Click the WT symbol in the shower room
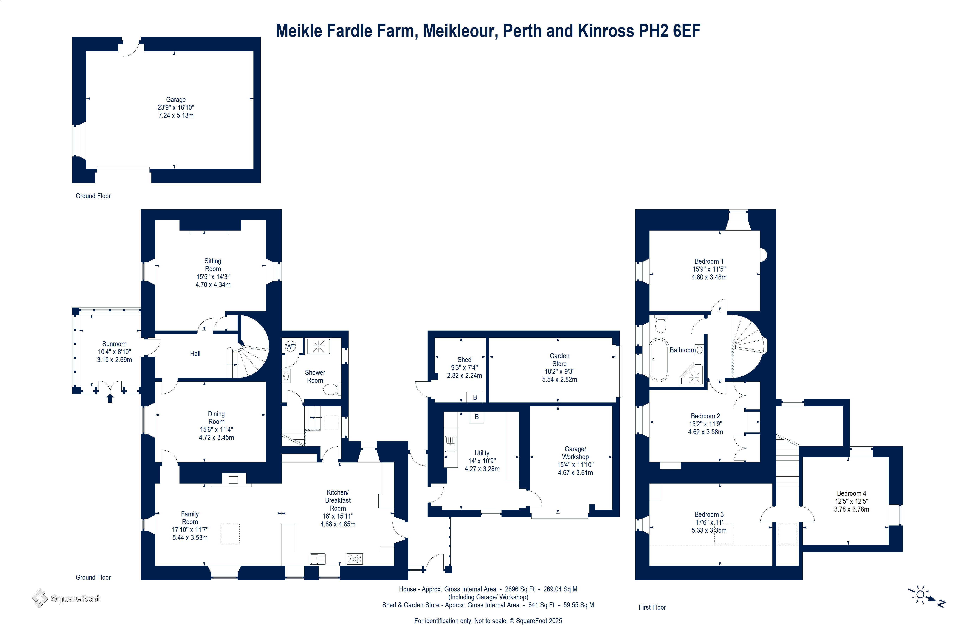[x=290, y=347]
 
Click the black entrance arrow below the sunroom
[x=110, y=398]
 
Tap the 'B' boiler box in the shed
[x=475, y=397]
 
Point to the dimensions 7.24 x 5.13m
[x=176, y=115]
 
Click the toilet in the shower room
[x=332, y=389]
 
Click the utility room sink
[x=450, y=443]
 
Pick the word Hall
[x=195, y=354]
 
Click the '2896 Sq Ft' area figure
[x=520, y=589]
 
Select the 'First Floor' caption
[x=652, y=607]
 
